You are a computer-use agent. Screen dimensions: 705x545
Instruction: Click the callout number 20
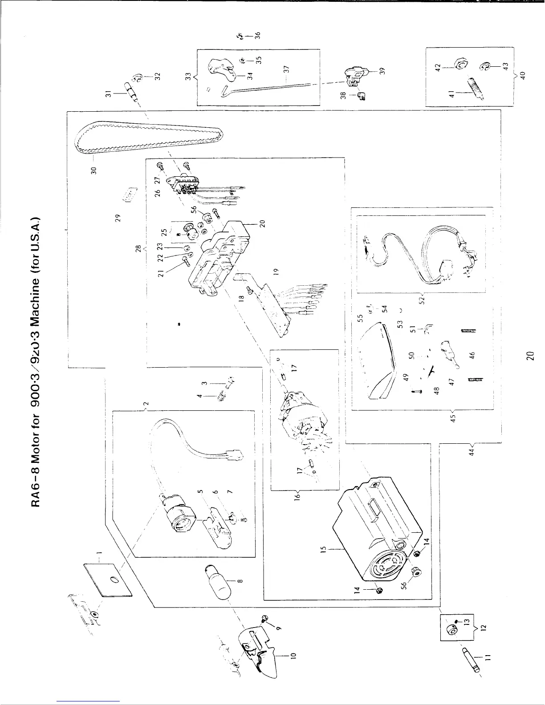pos(262,223)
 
